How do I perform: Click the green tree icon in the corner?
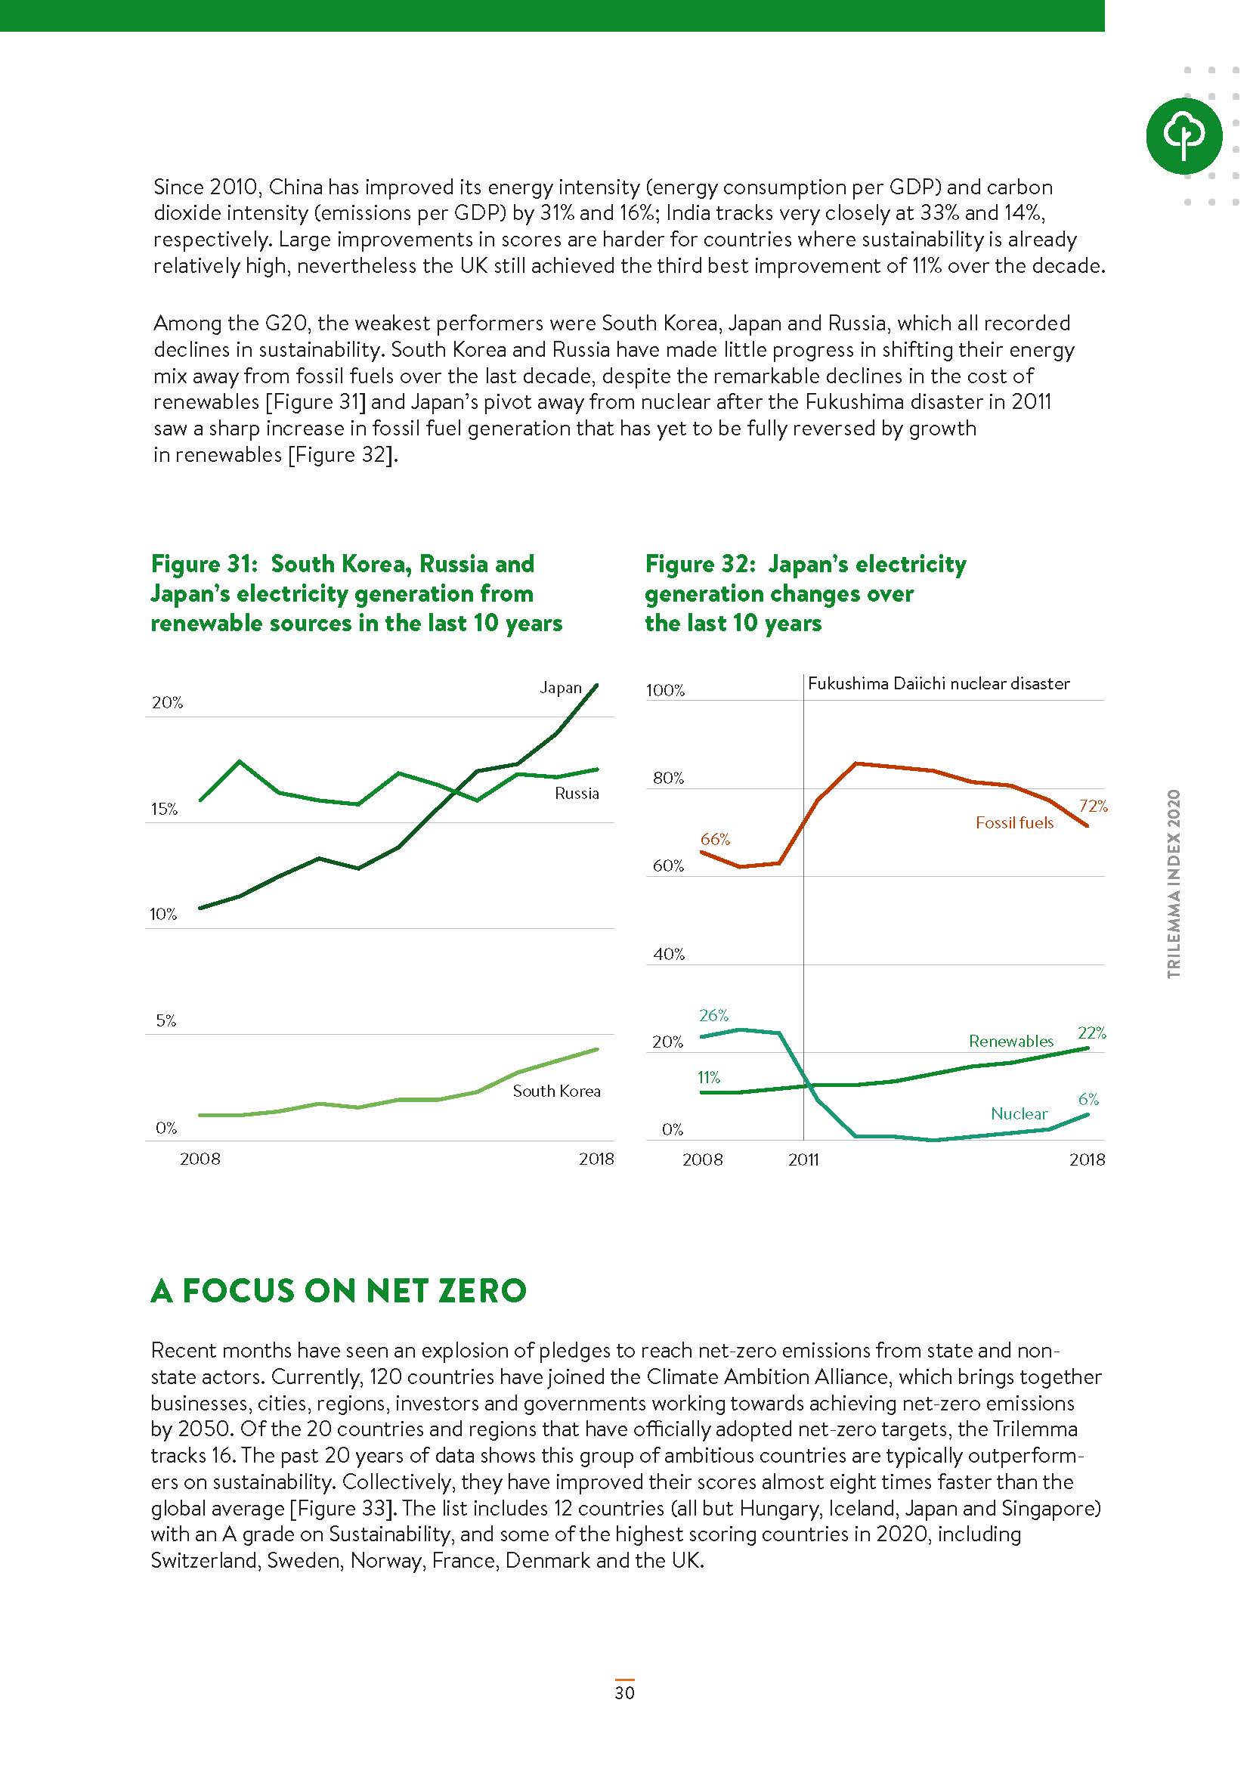click(1183, 135)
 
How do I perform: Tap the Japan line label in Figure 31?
click(560, 688)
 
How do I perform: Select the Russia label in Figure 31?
click(577, 793)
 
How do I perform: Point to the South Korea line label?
click(556, 1091)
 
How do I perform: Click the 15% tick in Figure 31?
click(164, 809)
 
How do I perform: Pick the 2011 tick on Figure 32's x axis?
click(803, 1159)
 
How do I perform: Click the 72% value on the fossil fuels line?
click(1093, 806)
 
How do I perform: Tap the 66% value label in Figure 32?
click(715, 838)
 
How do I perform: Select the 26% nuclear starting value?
click(713, 1015)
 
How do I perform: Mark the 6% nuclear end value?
click(1088, 1099)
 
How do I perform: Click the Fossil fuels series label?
click(1013, 822)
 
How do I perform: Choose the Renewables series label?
click(1010, 1041)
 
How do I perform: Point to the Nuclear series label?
click(1019, 1113)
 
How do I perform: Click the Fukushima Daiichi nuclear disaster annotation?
click(939, 683)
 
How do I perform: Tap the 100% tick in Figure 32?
click(665, 690)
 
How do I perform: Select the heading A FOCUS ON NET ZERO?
click(339, 1290)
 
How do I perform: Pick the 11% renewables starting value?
click(709, 1077)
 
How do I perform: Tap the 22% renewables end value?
click(1091, 1033)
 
